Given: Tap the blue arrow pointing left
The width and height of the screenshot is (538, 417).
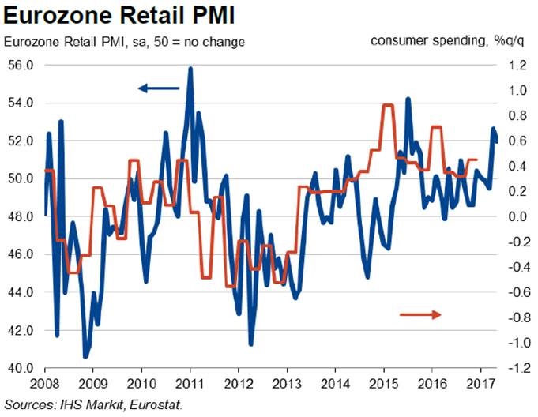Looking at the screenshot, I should click(159, 88).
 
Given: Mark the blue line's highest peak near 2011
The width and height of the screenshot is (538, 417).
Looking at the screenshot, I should click(190, 69).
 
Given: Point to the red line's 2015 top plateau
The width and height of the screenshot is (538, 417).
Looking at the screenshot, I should click(387, 106).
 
